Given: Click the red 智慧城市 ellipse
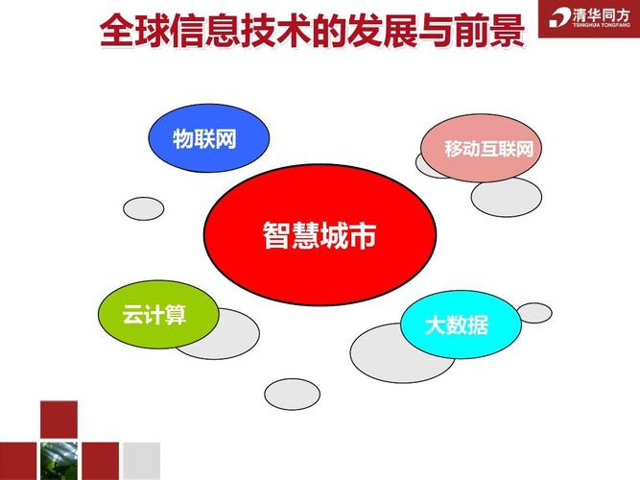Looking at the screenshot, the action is point(320,234).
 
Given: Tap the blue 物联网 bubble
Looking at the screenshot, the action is point(208,138).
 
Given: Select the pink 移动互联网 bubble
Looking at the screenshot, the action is point(482,148).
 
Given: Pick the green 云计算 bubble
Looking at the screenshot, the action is point(158,314).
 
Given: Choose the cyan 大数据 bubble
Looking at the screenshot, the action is point(461,324).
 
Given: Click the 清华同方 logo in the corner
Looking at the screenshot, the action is point(589,19).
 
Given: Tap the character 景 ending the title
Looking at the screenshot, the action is point(508,30).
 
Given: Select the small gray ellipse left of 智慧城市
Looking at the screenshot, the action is point(144,208).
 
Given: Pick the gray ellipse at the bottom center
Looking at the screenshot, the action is point(293,395).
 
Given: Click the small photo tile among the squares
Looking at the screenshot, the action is point(59,461).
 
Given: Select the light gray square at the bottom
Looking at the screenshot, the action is point(142,461).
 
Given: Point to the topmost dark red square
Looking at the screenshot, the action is point(59,420).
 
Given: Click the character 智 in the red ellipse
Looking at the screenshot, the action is point(276,235).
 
